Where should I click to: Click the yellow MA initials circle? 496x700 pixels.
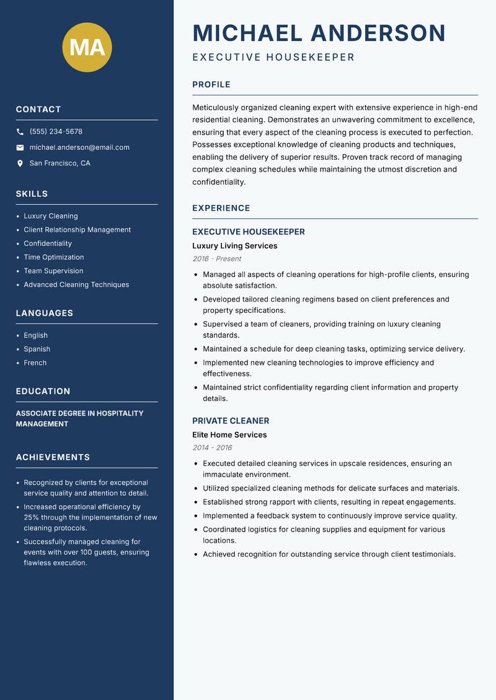[x=87, y=47]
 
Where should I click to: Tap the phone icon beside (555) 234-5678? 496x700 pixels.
[x=20, y=132]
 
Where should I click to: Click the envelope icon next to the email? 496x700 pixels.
[x=20, y=147]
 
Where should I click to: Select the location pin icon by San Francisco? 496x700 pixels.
[x=20, y=164]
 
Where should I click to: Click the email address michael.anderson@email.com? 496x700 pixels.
[x=79, y=147]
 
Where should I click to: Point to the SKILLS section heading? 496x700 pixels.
[x=32, y=194]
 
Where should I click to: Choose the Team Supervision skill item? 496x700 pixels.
[x=53, y=271]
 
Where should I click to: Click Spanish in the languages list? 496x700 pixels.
[x=37, y=349]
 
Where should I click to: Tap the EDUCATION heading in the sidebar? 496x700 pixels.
[x=43, y=392]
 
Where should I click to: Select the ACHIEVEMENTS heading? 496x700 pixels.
[x=53, y=457]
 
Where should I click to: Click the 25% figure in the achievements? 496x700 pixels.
[x=32, y=517]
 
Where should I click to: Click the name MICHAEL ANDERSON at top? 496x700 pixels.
[x=319, y=33]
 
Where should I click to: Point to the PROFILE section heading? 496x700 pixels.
[x=211, y=85]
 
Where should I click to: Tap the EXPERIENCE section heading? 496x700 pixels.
[x=221, y=208]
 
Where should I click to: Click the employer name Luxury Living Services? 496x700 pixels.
[x=234, y=246]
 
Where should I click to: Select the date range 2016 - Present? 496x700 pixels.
[x=216, y=259]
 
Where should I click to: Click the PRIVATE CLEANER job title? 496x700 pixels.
[x=231, y=421]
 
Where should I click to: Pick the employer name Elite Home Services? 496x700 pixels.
[x=229, y=435]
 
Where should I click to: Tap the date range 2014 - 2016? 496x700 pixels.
[x=211, y=448]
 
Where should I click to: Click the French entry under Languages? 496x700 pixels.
[x=35, y=362]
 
